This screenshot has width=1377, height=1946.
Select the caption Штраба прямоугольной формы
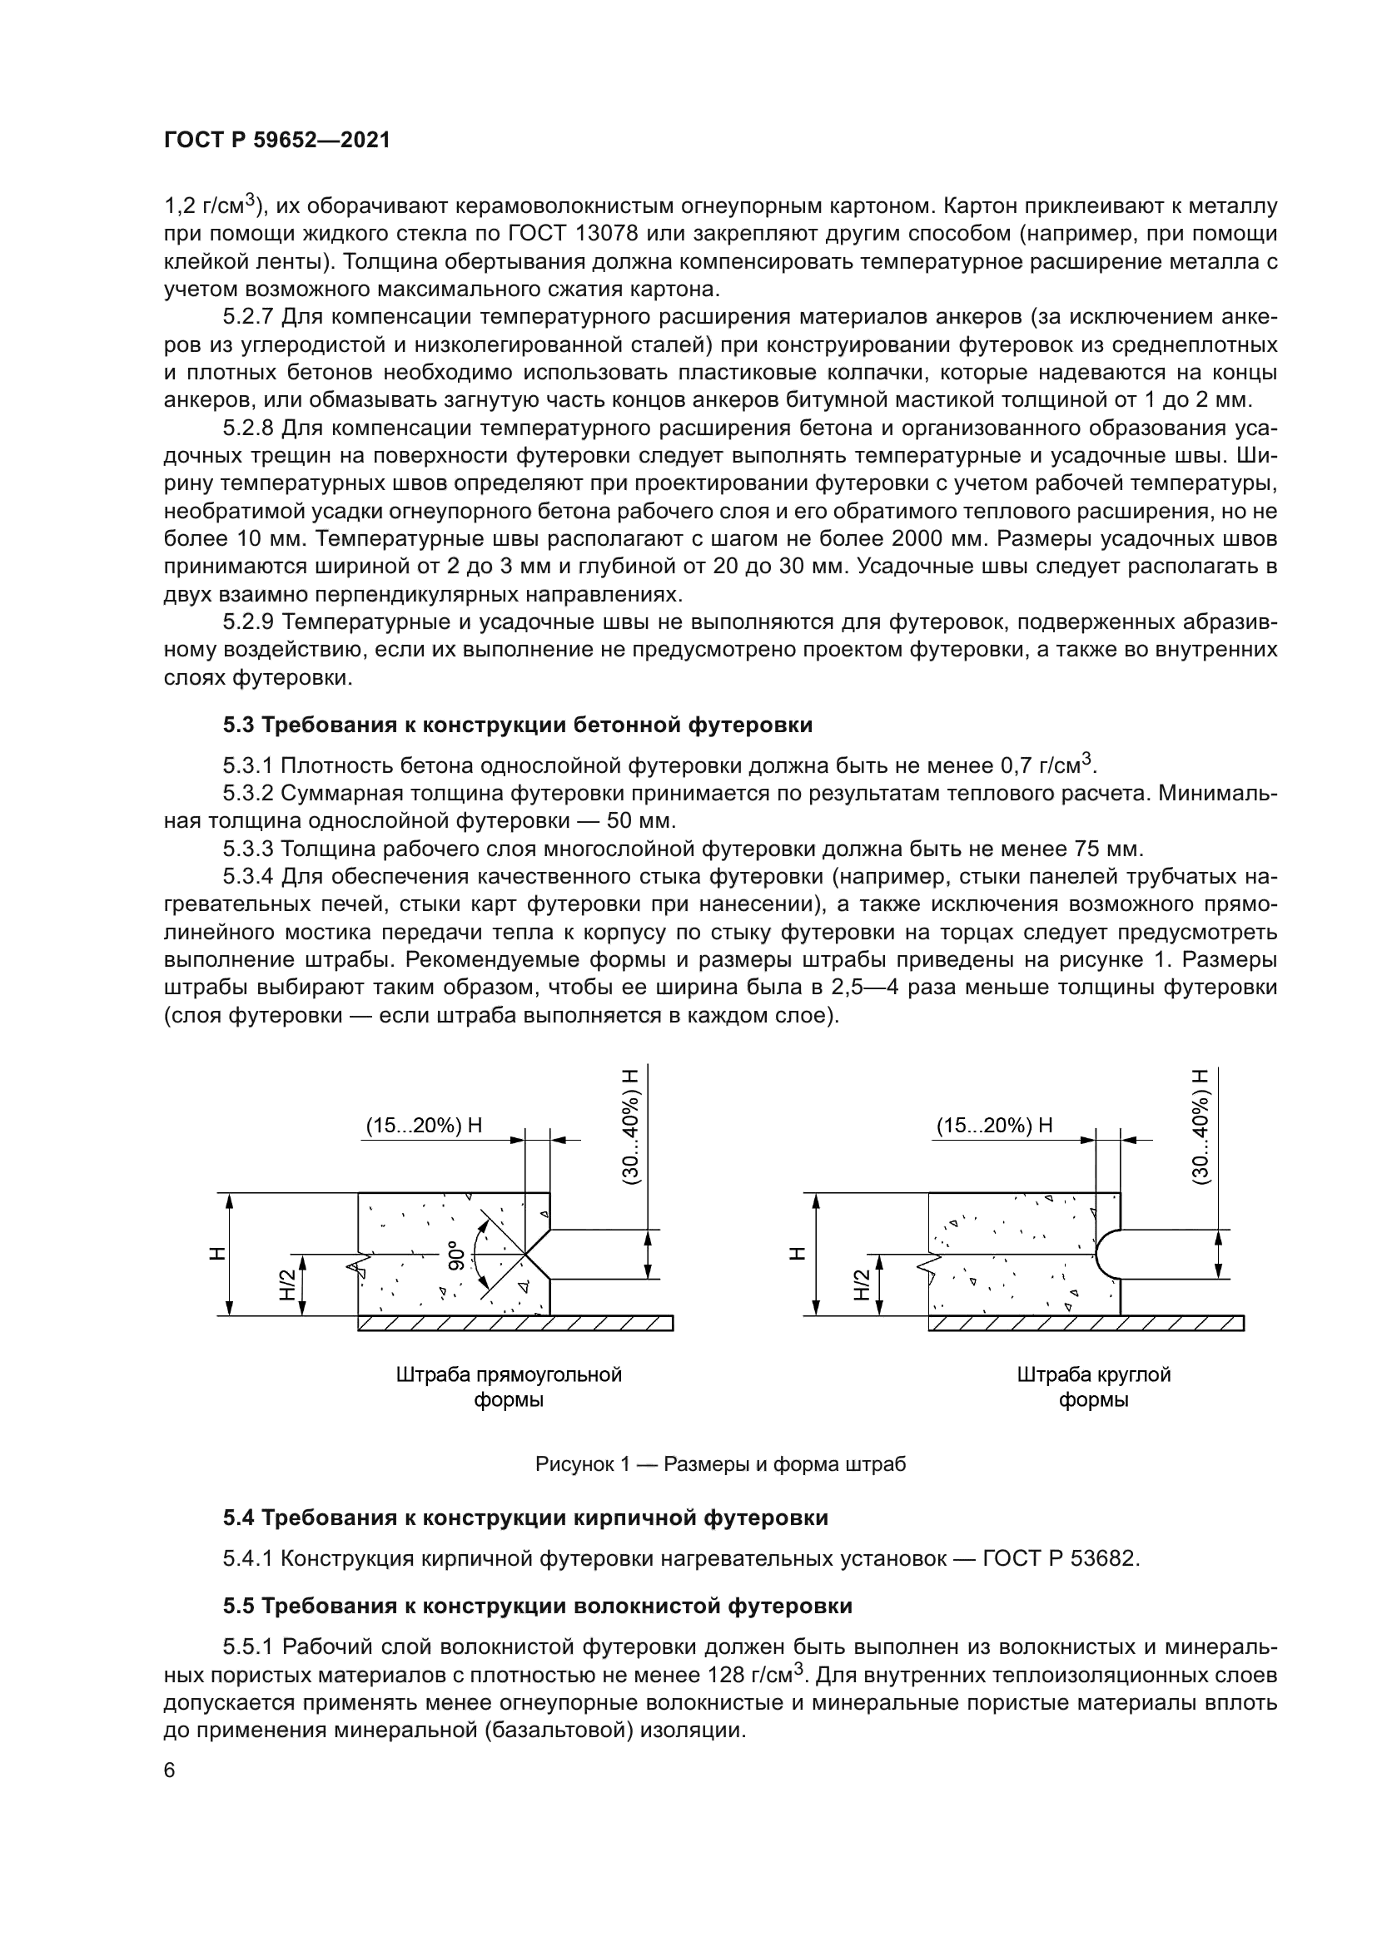click(509, 1387)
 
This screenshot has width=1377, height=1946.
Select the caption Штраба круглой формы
click(1093, 1387)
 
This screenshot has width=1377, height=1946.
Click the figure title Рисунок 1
click(720, 1463)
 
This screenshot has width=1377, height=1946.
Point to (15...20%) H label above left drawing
click(423, 1125)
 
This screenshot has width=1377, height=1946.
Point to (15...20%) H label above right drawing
click(994, 1125)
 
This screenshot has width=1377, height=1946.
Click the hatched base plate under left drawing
click(515, 1323)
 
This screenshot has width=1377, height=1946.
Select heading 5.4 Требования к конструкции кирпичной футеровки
click(524, 1518)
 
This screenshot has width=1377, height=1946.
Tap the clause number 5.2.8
click(247, 428)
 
